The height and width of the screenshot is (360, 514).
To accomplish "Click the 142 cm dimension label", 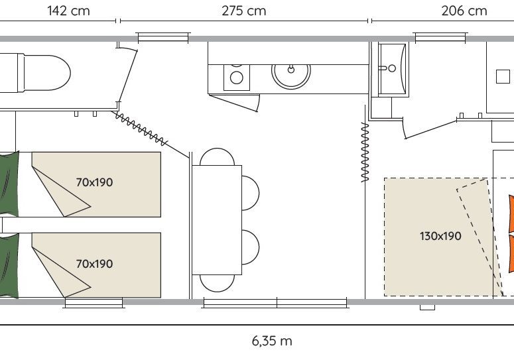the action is (x=68, y=11).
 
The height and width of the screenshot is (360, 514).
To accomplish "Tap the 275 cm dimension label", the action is (x=243, y=11).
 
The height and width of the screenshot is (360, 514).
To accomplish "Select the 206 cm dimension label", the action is (x=464, y=11).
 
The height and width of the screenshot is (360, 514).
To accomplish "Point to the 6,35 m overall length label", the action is (x=272, y=341).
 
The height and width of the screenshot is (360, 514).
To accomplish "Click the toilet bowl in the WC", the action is (x=46, y=73).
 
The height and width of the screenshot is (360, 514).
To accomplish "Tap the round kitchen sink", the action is (x=290, y=76).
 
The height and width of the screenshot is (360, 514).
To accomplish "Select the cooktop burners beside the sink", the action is (x=236, y=78).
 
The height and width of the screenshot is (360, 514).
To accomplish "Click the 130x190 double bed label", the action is (x=440, y=236).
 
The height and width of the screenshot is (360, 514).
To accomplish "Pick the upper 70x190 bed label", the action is (x=94, y=182).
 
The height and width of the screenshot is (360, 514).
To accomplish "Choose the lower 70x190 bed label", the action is (x=94, y=264).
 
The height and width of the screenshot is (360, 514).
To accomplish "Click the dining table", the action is (x=217, y=220).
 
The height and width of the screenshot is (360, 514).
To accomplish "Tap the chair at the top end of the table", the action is (x=217, y=156).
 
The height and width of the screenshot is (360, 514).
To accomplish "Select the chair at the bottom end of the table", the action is (x=217, y=283).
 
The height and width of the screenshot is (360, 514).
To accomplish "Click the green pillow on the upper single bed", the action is (x=9, y=184).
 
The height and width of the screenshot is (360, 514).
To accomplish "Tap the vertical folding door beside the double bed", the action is (x=365, y=152).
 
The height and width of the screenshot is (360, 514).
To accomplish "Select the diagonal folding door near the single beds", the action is (x=141, y=129).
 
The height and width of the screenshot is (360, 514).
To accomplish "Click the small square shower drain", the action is (x=503, y=76).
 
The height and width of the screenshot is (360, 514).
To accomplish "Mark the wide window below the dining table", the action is (x=275, y=303).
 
